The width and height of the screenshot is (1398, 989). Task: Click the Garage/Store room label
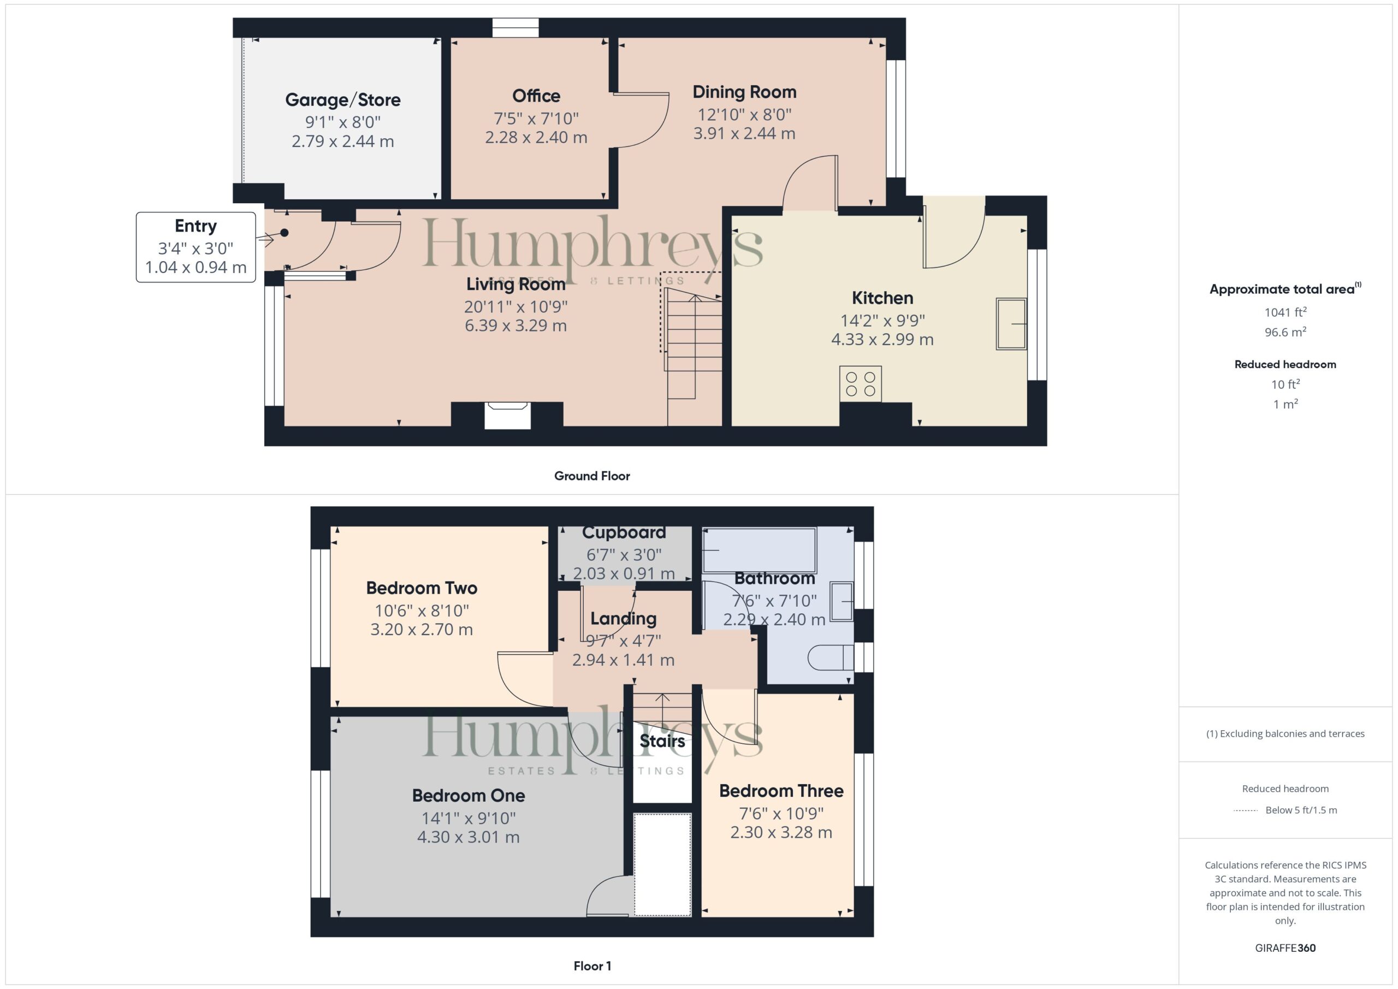pos(343,100)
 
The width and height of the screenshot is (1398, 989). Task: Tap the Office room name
pos(536,96)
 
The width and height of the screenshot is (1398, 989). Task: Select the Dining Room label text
pos(744,92)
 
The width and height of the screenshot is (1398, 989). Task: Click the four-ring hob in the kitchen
pos(860,384)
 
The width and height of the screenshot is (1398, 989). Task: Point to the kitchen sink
pos(1011,323)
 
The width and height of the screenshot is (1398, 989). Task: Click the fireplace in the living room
pos(507,416)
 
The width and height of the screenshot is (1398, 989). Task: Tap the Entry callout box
pos(196,247)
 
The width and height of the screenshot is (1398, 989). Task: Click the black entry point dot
pos(285,233)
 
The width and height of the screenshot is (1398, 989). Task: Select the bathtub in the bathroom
pos(759,550)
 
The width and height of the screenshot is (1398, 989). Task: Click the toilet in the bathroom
pos(831,658)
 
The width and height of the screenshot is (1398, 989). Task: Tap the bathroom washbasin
pos(842,602)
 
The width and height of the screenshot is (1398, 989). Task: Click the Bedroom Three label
pos(781,791)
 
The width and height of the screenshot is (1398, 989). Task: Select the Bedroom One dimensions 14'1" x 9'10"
pos(468,818)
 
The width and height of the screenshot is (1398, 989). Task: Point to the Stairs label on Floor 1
pos(662,741)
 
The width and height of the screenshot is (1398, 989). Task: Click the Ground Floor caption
pos(592,476)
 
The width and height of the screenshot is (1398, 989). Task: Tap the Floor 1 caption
pos(593,966)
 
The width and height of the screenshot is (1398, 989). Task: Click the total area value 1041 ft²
pos(1286,312)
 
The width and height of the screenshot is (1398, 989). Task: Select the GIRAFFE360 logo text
pos(1286,947)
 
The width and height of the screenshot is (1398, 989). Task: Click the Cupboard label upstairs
pos(624,533)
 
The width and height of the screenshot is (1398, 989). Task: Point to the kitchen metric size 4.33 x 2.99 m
pos(882,339)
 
